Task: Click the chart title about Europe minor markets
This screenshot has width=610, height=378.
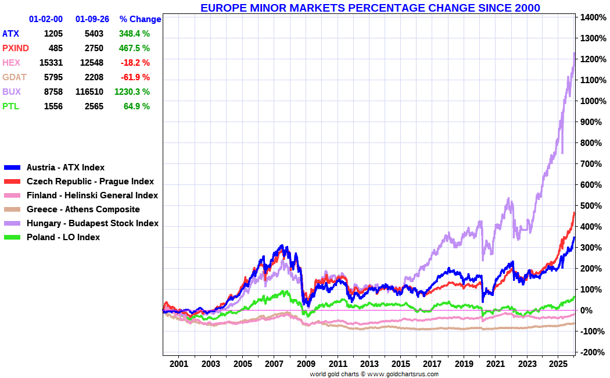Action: (x=370, y=8)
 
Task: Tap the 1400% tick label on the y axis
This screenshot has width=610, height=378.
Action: (x=592, y=17)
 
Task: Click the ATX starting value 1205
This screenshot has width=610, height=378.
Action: (x=53, y=34)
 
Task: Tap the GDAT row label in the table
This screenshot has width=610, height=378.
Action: (x=15, y=77)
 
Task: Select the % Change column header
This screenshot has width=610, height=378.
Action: (x=140, y=19)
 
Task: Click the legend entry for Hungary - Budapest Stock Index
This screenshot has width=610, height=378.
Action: (x=92, y=223)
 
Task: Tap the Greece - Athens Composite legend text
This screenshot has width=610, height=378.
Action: (x=83, y=209)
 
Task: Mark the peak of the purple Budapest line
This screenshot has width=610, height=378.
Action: (x=574, y=54)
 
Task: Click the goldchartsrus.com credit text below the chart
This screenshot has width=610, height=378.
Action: (x=374, y=374)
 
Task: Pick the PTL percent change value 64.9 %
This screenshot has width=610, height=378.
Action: (x=137, y=106)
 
